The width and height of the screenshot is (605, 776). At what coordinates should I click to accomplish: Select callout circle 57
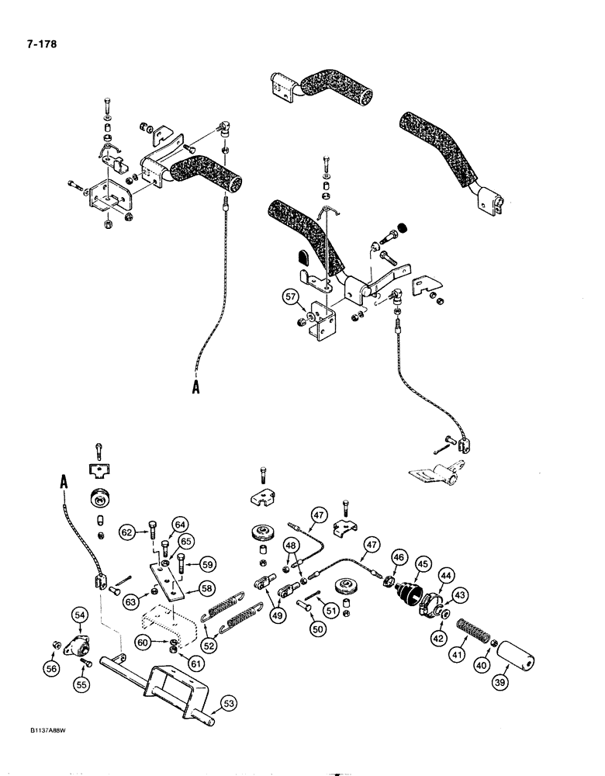289,296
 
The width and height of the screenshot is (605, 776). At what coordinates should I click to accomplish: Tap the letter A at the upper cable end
196,388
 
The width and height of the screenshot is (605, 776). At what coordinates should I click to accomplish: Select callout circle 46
399,556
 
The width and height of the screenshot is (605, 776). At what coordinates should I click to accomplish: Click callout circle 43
460,594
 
